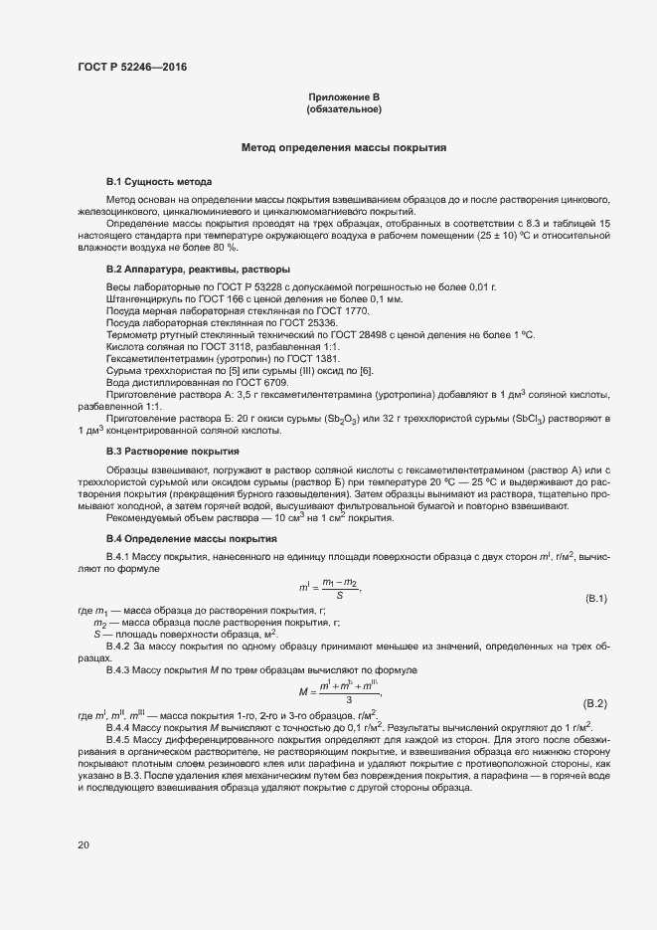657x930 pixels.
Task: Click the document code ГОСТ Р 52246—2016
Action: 131,68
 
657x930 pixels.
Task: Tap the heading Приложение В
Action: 344,96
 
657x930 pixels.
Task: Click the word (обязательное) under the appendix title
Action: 344,108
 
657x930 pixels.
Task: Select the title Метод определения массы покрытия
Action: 344,148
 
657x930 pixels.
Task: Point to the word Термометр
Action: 132,335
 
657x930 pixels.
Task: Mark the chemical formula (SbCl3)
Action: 528,420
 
